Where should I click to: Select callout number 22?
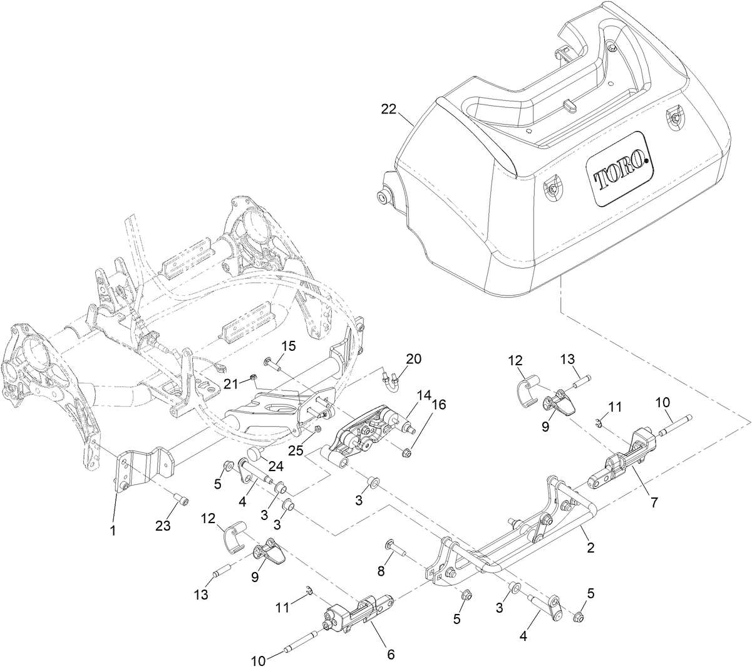(389, 109)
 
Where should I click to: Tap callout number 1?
(113, 531)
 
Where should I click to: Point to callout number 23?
(163, 526)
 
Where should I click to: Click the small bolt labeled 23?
(182, 501)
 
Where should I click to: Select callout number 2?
(590, 547)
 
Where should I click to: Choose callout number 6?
(390, 653)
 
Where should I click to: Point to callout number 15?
(287, 346)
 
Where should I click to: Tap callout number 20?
(414, 359)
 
